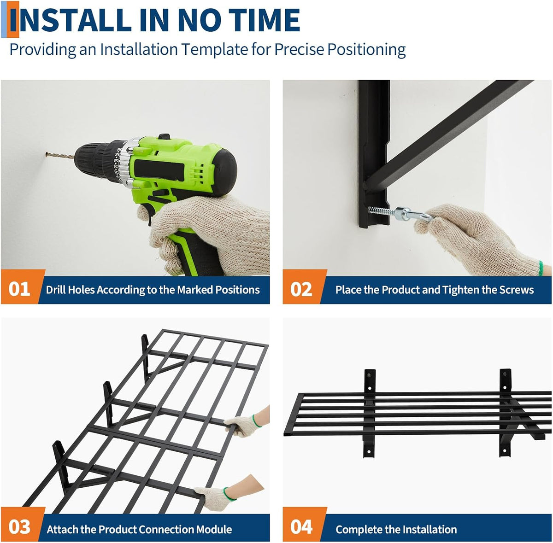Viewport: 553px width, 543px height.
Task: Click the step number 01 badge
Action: click(19, 289)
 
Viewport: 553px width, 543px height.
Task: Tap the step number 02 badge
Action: click(301, 289)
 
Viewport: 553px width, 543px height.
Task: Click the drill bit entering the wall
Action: click(60, 156)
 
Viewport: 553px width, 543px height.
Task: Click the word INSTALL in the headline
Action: click(71, 20)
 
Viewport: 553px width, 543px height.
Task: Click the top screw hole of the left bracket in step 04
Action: click(370, 374)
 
